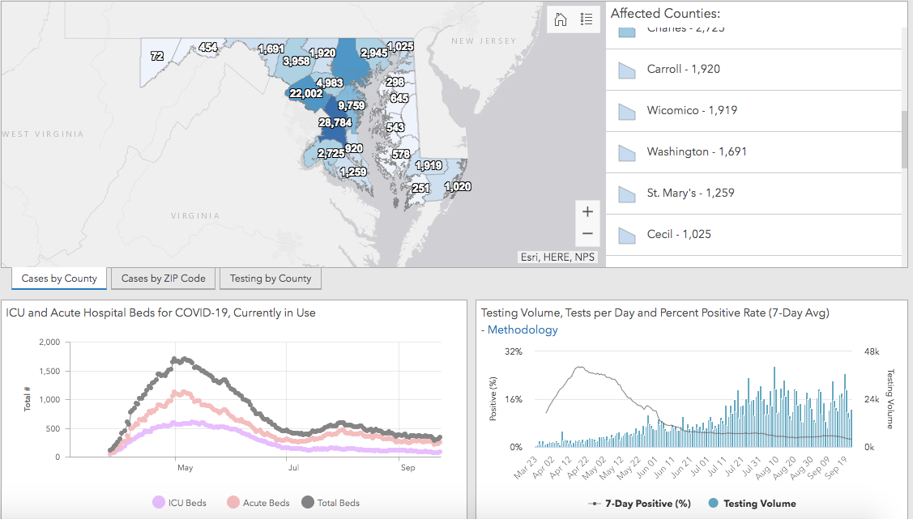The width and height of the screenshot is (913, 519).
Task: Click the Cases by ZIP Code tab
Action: point(164,279)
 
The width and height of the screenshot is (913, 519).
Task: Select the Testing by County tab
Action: point(271,279)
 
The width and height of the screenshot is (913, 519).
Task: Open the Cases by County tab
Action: point(59,279)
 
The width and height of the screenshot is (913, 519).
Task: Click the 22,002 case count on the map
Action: point(305,94)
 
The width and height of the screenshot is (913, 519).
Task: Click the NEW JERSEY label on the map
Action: point(484,40)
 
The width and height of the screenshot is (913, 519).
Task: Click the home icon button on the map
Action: point(561,19)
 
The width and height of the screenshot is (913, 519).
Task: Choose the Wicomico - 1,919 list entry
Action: point(692,110)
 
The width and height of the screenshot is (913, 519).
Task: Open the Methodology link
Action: point(523,330)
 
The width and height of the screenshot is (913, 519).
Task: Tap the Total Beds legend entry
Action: point(331,503)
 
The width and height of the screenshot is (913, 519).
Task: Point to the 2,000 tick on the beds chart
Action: point(49,342)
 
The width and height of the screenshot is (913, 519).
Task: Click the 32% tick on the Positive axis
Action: point(514,351)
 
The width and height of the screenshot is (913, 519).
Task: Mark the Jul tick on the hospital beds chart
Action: point(289,467)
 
